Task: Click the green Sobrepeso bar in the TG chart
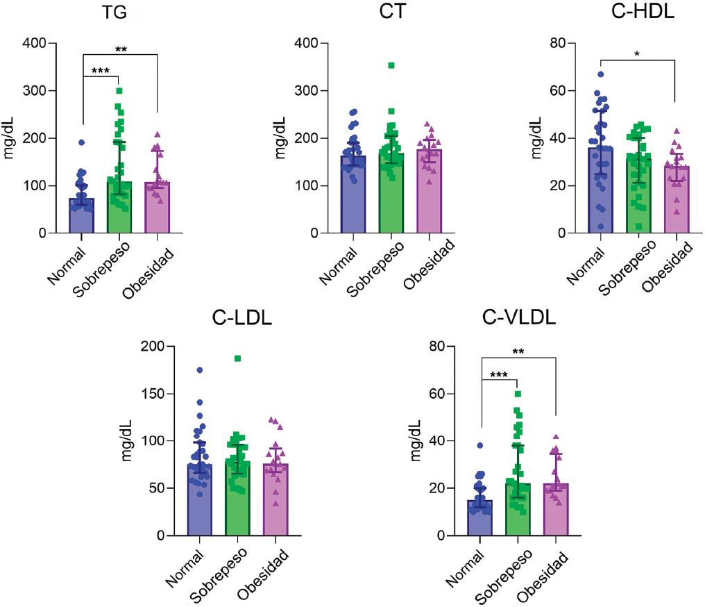pos(120,208)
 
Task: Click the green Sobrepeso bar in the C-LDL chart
pos(237,500)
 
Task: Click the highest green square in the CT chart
pos(391,65)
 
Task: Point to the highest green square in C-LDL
pos(237,358)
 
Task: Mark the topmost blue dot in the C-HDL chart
pos(601,74)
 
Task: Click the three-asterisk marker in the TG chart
pos(101,70)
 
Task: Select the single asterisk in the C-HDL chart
pos(636,53)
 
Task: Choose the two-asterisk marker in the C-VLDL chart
pos(518,351)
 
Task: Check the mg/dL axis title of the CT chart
pos(280,138)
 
